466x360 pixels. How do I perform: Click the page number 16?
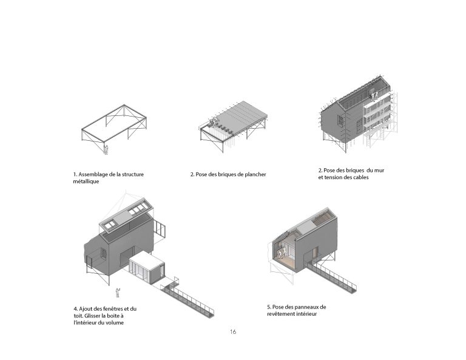click(233, 332)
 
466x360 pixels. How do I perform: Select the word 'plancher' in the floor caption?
click(253, 175)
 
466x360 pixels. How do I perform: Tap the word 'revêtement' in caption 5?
click(281, 314)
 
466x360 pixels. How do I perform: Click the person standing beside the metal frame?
click(106, 148)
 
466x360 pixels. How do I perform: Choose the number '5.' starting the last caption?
click(269, 307)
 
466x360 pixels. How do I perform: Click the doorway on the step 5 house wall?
click(314, 253)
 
